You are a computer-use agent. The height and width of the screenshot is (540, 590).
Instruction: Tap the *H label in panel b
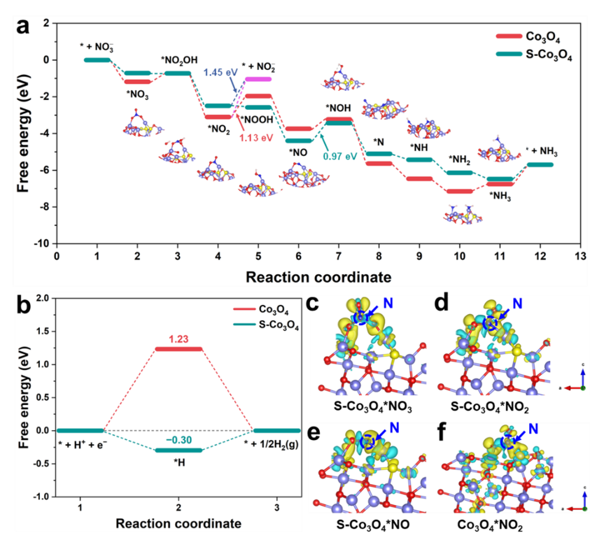coord(178,461)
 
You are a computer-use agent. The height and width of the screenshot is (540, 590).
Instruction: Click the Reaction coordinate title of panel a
coord(318,277)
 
